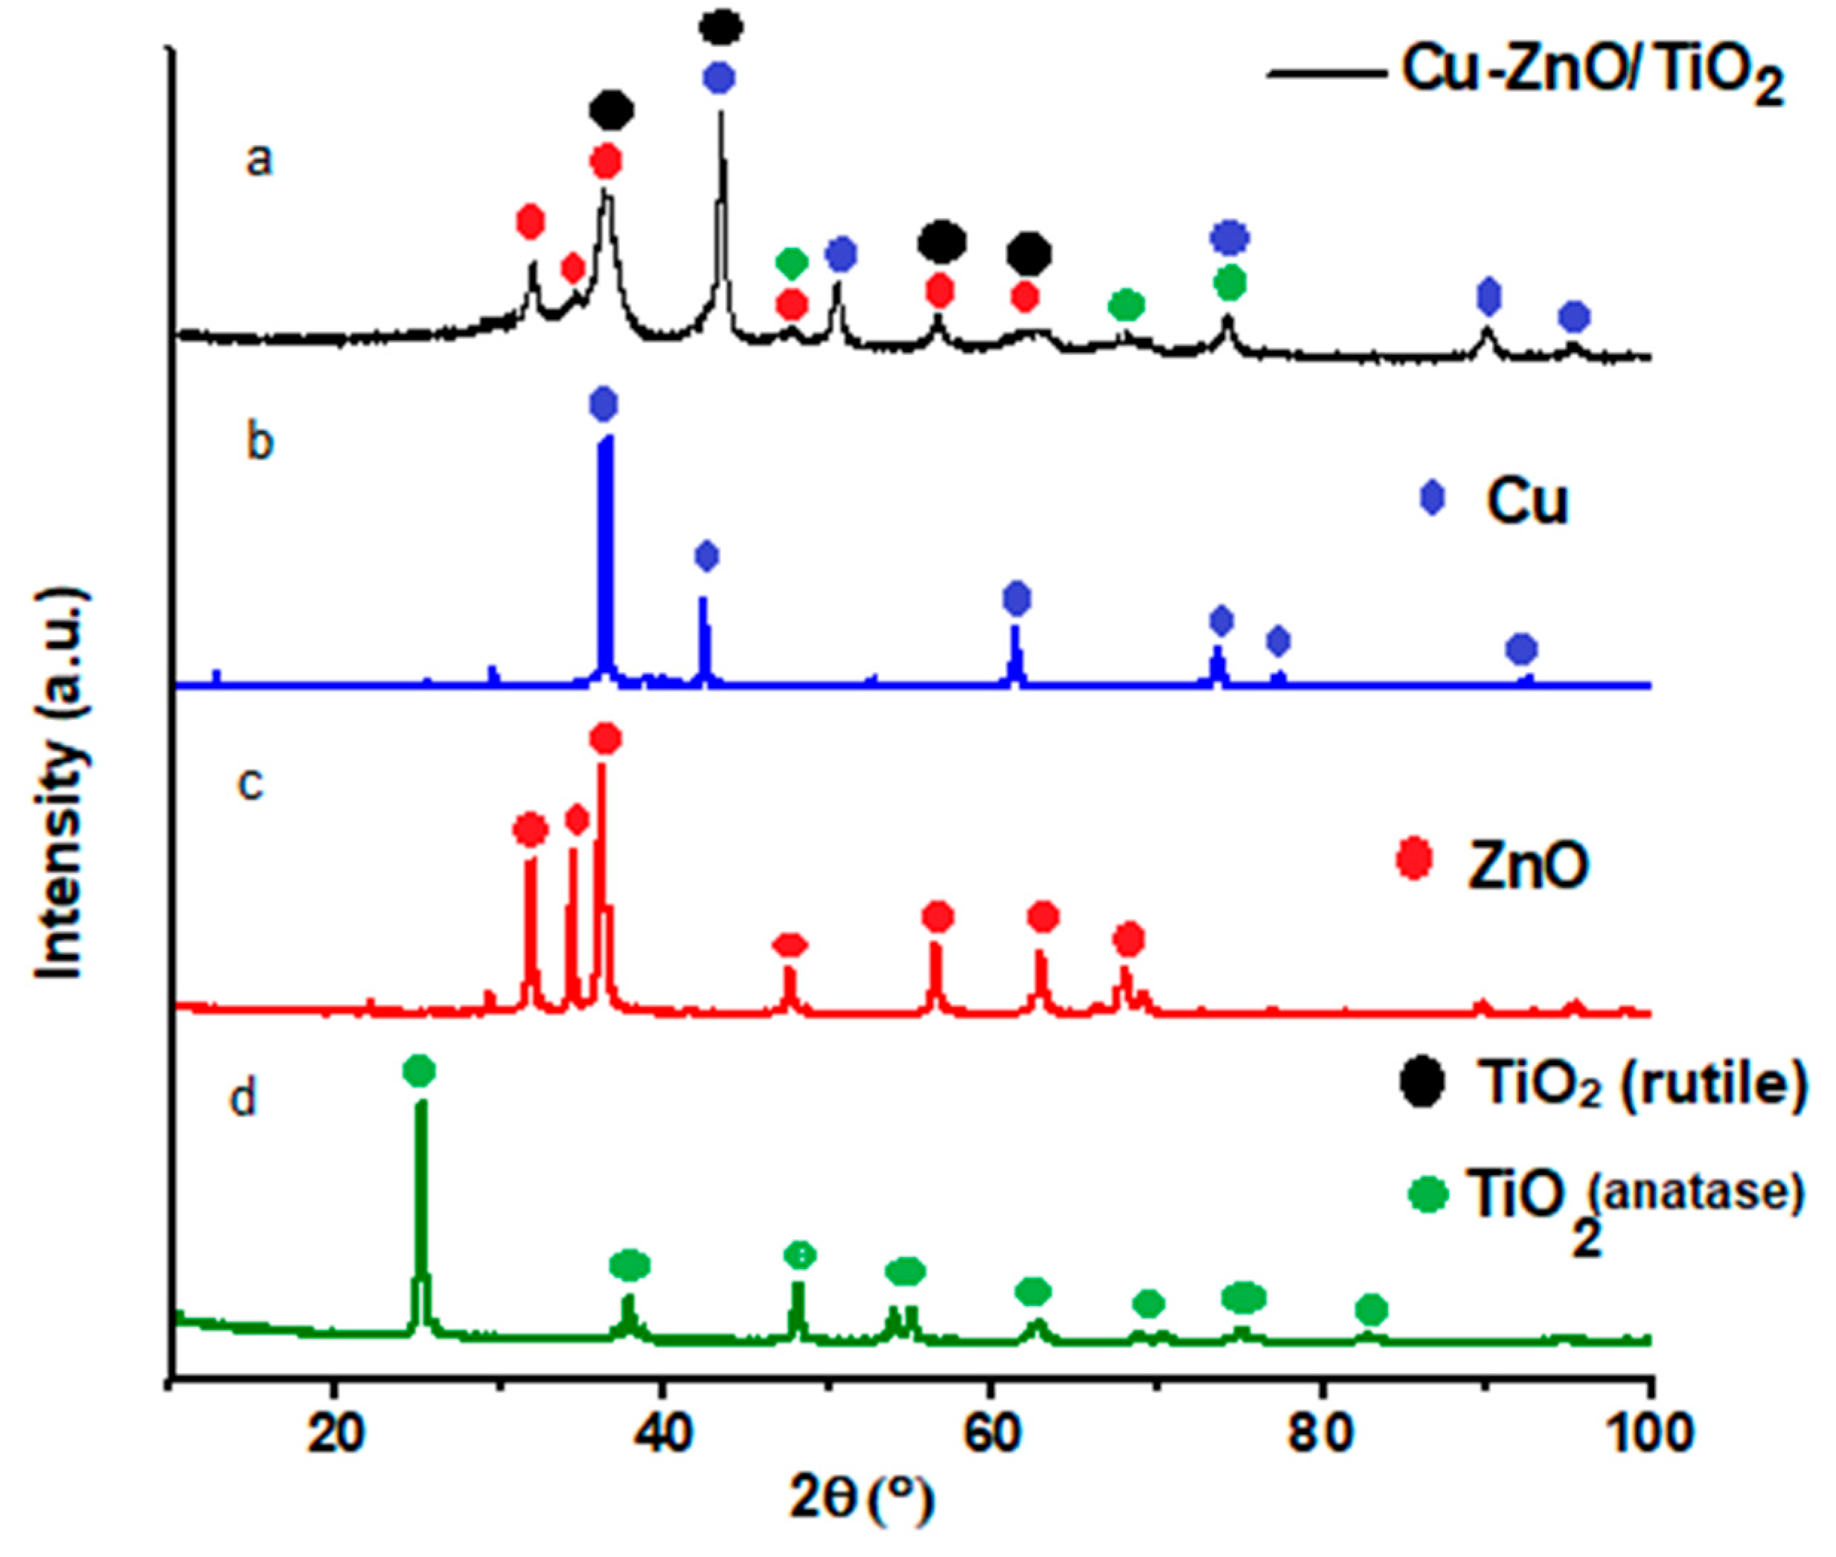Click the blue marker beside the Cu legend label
1432,499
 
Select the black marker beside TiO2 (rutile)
1422,1084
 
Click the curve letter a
259,162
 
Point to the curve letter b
260,441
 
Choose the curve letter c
252,782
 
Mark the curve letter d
243,1099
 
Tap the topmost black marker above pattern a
721,27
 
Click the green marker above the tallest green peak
419,1070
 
